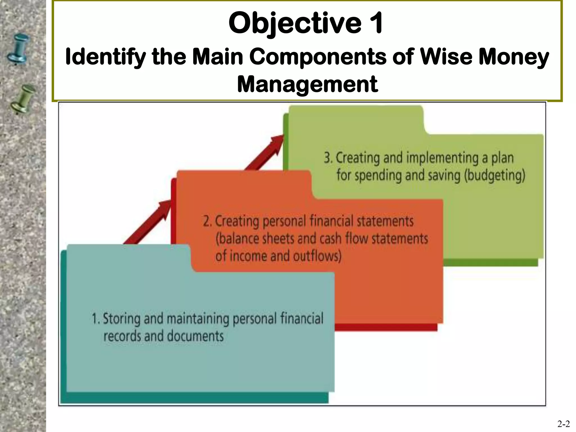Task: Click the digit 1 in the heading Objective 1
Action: pyautogui.click(x=376, y=23)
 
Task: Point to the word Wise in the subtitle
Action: pyautogui.click(x=446, y=57)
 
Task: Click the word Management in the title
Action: pyautogui.click(x=307, y=84)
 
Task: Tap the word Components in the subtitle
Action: pyautogui.click(x=318, y=57)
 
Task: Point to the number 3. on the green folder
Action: pyautogui.click(x=328, y=158)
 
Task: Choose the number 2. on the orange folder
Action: pyautogui.click(x=207, y=221)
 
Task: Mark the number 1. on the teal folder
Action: pyautogui.click(x=96, y=319)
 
